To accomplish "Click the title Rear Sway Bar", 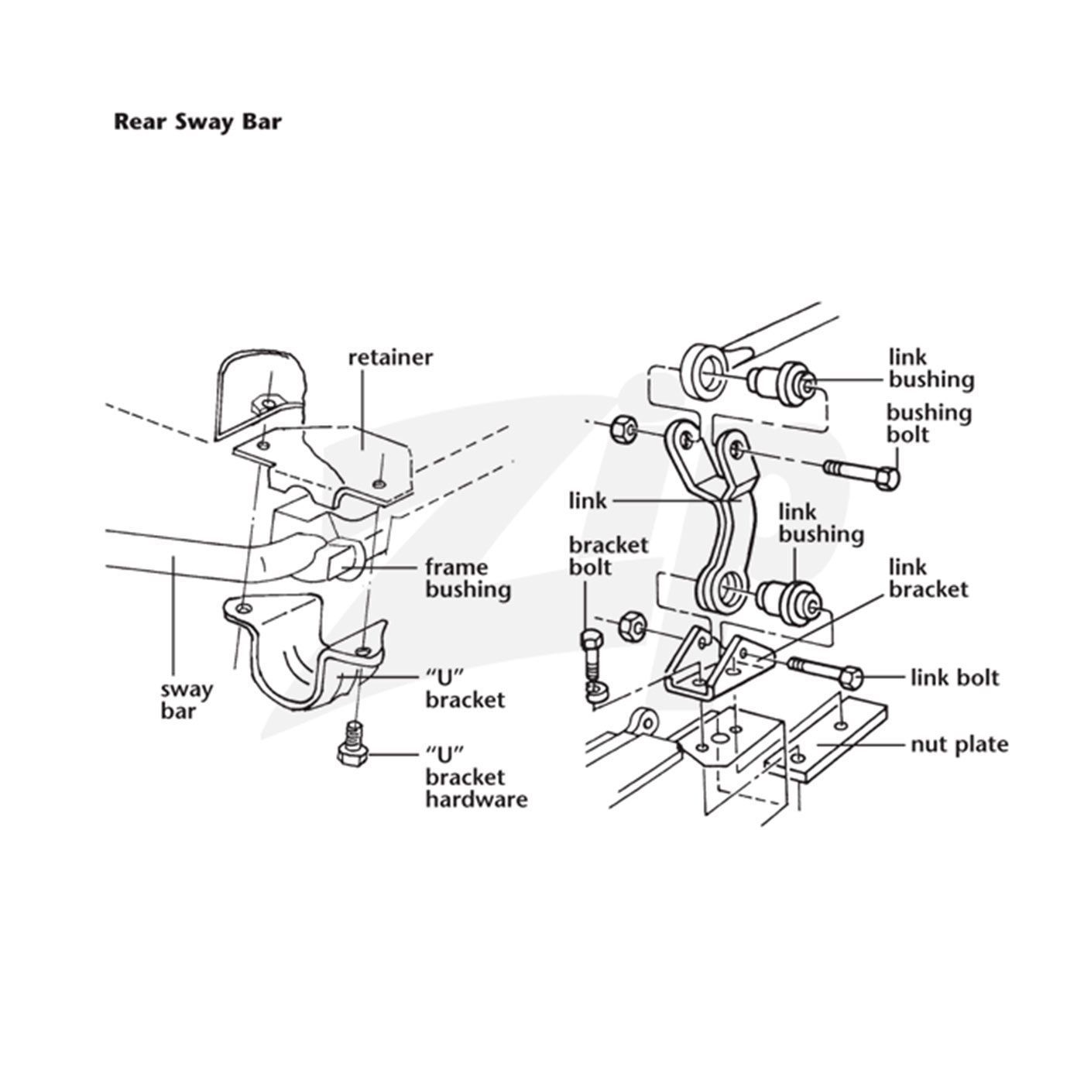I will (x=197, y=122).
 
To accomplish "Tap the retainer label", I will (x=390, y=358).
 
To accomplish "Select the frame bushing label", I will (x=468, y=578).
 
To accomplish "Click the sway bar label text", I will (x=186, y=699).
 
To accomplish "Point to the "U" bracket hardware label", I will (x=475, y=777).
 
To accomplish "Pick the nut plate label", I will (x=959, y=745).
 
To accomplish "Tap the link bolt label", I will (x=954, y=678).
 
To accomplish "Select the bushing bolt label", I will (x=928, y=423).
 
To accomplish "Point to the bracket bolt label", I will (x=608, y=556).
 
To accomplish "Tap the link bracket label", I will (x=928, y=578).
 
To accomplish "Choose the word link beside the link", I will (x=588, y=501).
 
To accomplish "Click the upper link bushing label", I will (x=930, y=369).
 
